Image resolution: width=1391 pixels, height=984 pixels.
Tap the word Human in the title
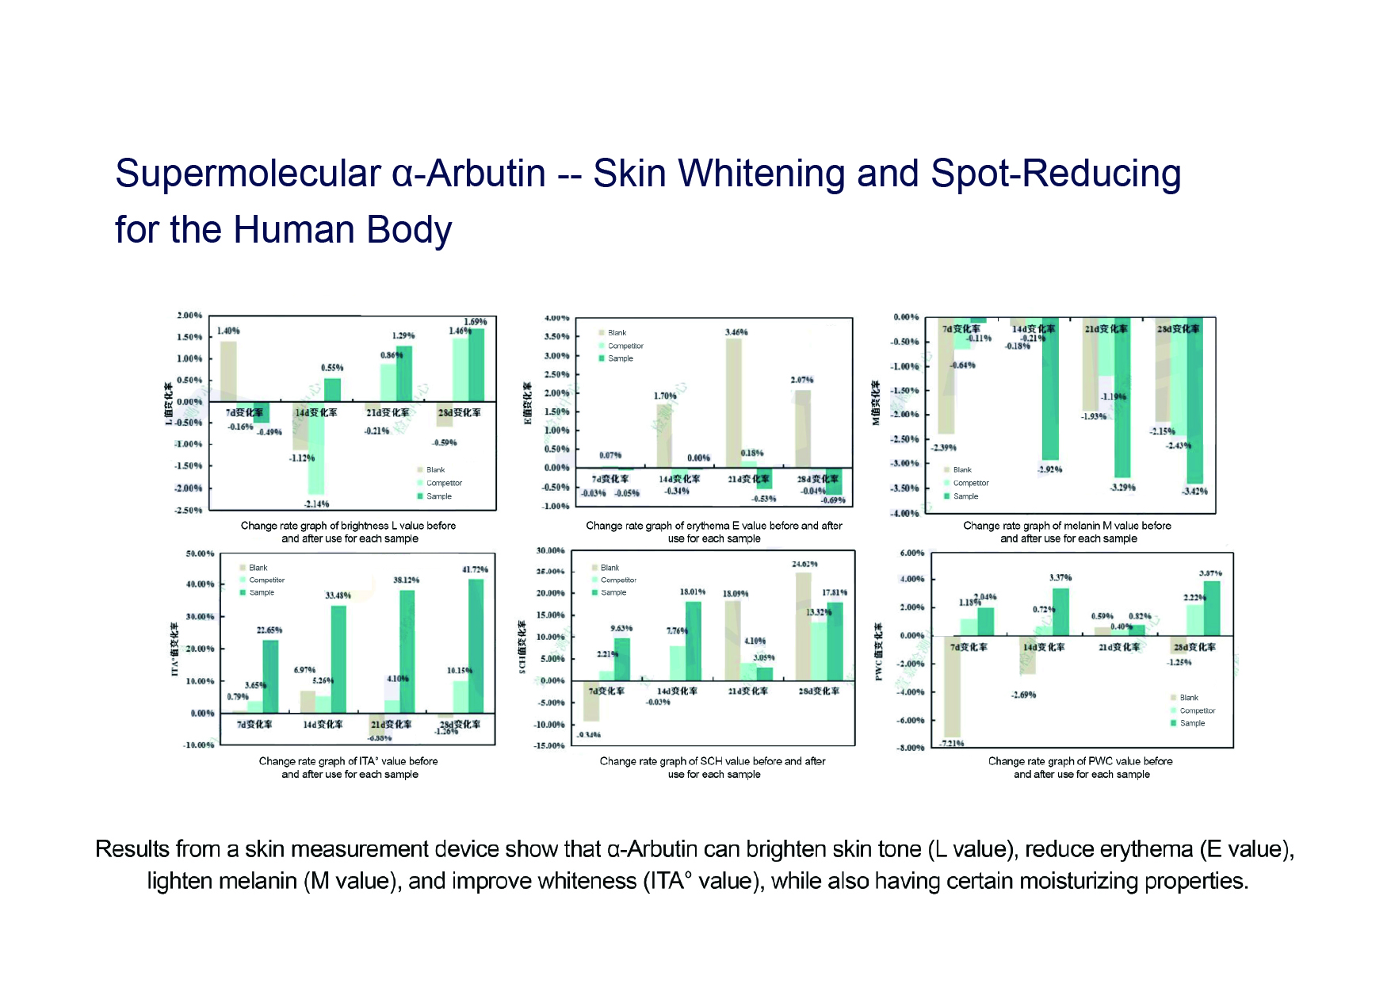tap(293, 230)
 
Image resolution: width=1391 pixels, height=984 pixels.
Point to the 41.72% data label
tap(475, 569)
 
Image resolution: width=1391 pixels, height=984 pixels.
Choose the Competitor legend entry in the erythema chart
tap(625, 346)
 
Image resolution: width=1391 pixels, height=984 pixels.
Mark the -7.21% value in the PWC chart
tap(951, 743)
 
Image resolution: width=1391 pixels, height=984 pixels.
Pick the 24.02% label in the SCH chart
tap(804, 565)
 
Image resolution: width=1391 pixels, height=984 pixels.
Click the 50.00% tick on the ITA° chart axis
tap(200, 553)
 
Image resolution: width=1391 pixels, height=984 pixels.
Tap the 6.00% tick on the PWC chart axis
tap(911, 553)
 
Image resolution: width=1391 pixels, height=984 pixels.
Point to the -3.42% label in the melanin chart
tap(1194, 492)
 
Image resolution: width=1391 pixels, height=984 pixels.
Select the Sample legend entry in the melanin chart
tap(965, 496)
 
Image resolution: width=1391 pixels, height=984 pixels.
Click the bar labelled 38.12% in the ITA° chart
tap(407, 650)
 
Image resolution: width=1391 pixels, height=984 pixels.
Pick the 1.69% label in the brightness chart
tap(476, 322)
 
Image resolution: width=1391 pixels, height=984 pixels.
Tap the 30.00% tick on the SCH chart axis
tap(550, 550)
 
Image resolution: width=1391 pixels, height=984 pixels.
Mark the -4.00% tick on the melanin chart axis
tap(905, 514)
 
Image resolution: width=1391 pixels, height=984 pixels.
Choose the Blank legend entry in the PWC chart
tap(1189, 698)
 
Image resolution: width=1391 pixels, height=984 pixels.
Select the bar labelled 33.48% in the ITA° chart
tap(338, 658)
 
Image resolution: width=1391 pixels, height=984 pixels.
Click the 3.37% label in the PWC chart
tap(1060, 578)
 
